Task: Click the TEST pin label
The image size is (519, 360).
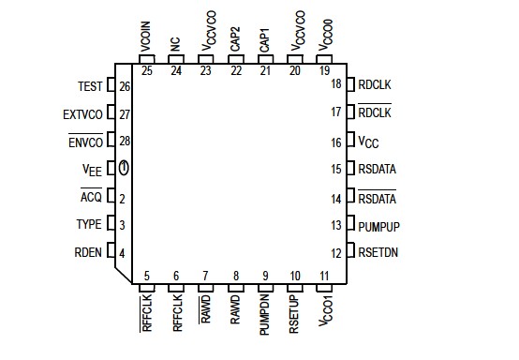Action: pyautogui.click(x=90, y=87)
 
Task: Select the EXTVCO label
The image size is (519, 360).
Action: pyautogui.click(x=82, y=114)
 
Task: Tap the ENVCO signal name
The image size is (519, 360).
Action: pyautogui.click(x=84, y=142)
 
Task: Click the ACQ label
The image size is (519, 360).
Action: pyautogui.click(x=91, y=198)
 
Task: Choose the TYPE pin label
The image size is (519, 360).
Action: pyautogui.click(x=88, y=225)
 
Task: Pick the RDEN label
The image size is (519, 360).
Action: pyautogui.click(x=88, y=252)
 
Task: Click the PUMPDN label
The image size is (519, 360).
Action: pyautogui.click(x=265, y=316)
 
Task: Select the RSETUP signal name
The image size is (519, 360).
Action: pyautogui.click(x=294, y=315)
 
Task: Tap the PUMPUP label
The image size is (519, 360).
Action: pyautogui.click(x=378, y=225)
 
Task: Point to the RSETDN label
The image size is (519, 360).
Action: pyautogui.click(x=378, y=252)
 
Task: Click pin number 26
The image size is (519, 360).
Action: pyautogui.click(x=125, y=87)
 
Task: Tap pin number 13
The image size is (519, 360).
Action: pyautogui.click(x=336, y=225)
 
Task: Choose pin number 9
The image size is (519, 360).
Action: pyautogui.click(x=265, y=276)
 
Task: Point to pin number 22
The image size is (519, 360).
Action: pyautogui.click(x=235, y=70)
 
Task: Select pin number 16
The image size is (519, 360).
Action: pyautogui.click(x=336, y=142)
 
